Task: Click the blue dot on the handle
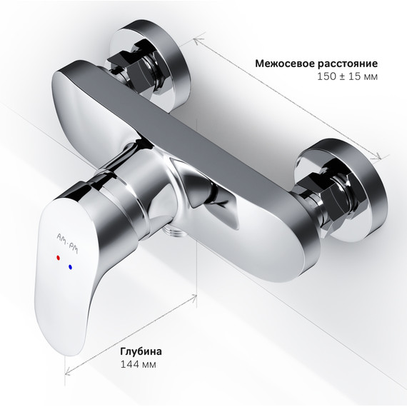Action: coord(70,266)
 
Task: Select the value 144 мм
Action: coord(137,365)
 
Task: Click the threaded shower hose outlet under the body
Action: coord(171,232)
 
